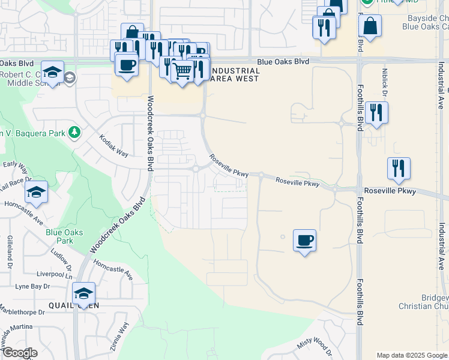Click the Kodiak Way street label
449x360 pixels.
tap(114, 145)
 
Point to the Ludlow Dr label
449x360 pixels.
tap(61, 263)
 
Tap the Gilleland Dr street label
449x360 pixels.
tap(10, 248)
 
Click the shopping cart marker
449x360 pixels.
tap(182, 71)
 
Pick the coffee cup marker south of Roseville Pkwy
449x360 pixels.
tap(304, 241)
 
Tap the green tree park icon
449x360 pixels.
tap(74, 131)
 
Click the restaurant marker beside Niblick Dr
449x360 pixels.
tap(376, 113)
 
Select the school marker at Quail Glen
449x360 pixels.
tap(83, 293)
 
